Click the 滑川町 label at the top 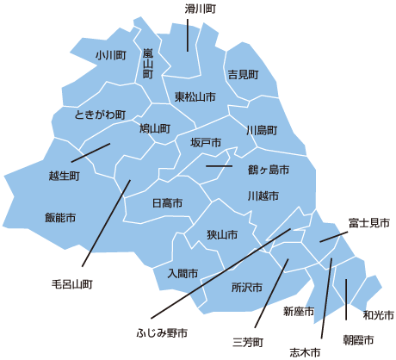(200, 8)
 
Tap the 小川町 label (111, 54)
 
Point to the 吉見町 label (242, 75)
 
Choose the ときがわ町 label (100, 114)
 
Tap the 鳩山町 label (155, 128)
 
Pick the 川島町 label (262, 130)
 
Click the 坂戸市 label (206, 142)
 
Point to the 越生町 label (65, 176)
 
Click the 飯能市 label (60, 217)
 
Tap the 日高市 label (167, 203)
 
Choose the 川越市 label (263, 196)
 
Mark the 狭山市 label (222, 234)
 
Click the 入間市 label (183, 273)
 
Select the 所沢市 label (246, 286)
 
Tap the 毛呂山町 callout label (71, 282)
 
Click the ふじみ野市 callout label (162, 332)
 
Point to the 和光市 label (379, 314)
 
